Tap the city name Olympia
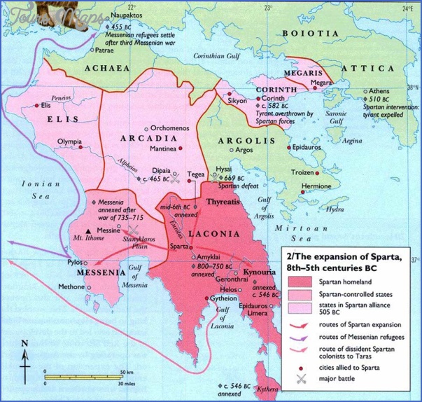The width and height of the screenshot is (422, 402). coord(60,141)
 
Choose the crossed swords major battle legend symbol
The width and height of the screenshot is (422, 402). coord(302,379)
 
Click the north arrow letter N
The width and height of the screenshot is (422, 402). coord(24,343)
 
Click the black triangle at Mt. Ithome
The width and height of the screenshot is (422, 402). coord(87,231)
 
